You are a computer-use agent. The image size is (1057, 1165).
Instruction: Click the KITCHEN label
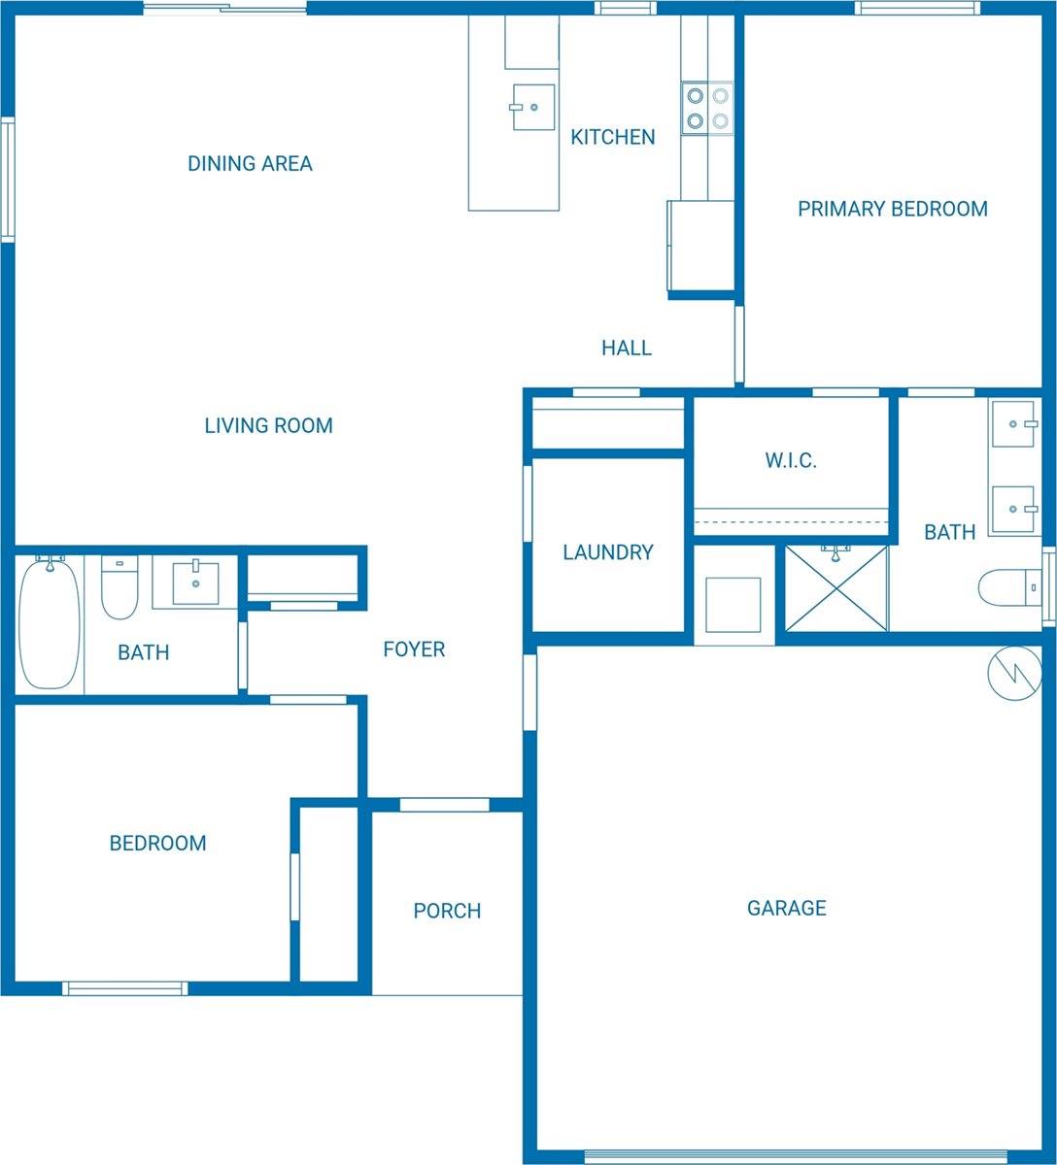pyautogui.click(x=612, y=137)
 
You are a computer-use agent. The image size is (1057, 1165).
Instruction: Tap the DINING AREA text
pyautogui.click(x=250, y=163)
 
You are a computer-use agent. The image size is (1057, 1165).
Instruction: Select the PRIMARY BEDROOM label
pyautogui.click(x=892, y=209)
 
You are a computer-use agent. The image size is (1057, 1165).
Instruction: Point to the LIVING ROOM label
pyautogui.click(x=268, y=425)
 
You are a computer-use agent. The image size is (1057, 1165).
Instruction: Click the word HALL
pyautogui.click(x=626, y=348)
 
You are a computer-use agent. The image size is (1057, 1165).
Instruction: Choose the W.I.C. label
pyautogui.click(x=791, y=460)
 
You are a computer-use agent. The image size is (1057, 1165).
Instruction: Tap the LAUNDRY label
pyautogui.click(x=608, y=552)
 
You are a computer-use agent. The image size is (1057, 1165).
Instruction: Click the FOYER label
pyautogui.click(x=414, y=649)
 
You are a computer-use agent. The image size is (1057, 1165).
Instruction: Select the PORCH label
pyautogui.click(x=447, y=911)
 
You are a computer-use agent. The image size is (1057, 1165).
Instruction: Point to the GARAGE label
pyautogui.click(x=787, y=908)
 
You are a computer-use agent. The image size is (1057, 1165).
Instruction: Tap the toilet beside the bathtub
pyautogui.click(x=119, y=589)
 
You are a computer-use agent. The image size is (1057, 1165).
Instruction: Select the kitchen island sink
pyautogui.click(x=533, y=107)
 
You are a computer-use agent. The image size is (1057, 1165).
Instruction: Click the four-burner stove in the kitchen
pyautogui.click(x=707, y=108)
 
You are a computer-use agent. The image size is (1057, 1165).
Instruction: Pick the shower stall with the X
pyautogui.click(x=835, y=588)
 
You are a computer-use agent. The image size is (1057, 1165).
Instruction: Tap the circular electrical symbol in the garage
pyautogui.click(x=1014, y=673)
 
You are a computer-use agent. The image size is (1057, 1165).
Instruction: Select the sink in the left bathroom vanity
pyautogui.click(x=195, y=582)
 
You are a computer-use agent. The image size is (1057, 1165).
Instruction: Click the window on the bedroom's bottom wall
pyautogui.click(x=125, y=988)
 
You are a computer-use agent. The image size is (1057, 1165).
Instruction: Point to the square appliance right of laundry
pyautogui.click(x=733, y=604)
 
